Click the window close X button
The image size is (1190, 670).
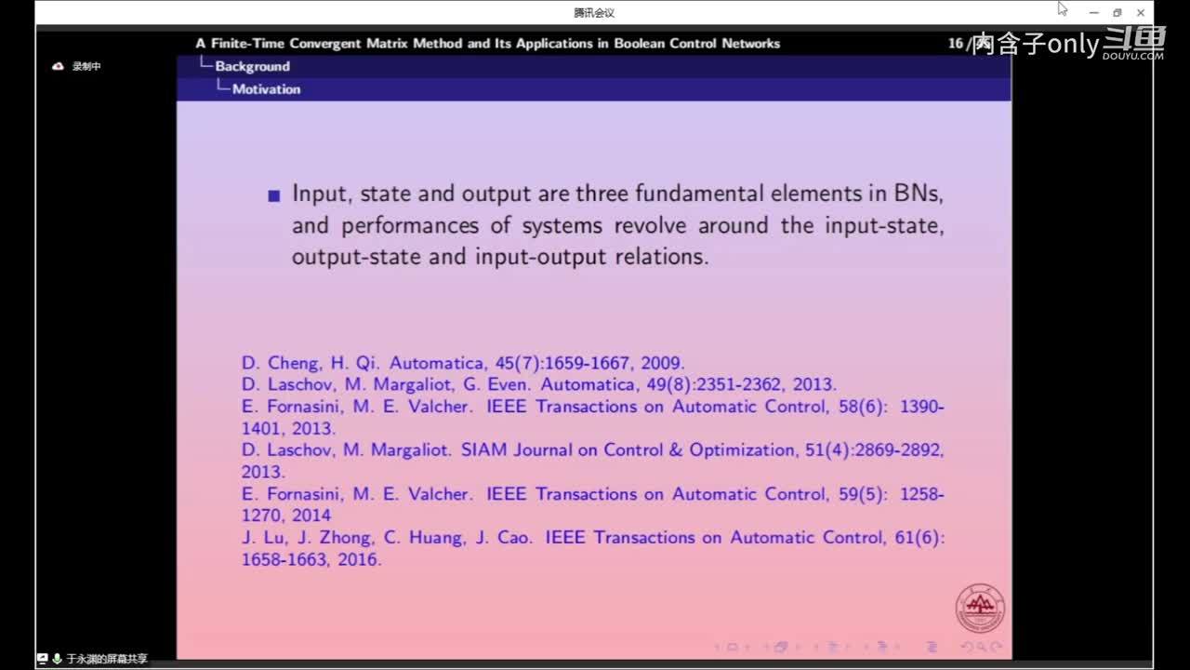click(1141, 13)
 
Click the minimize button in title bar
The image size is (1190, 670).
click(1094, 13)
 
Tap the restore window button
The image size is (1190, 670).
click(1117, 13)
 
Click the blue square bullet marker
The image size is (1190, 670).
click(274, 196)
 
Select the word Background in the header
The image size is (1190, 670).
click(252, 66)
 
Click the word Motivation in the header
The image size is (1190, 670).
click(266, 89)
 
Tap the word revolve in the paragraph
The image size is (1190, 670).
click(650, 225)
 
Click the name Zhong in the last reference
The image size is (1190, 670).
click(344, 538)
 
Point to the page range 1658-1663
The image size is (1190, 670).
click(284, 559)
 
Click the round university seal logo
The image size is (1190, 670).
click(980, 609)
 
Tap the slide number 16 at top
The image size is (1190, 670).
click(955, 43)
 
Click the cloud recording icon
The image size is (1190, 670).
click(58, 66)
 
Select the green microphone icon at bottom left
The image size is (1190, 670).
click(58, 659)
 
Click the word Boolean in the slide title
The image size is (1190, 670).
click(639, 43)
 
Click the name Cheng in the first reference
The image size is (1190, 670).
click(294, 363)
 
